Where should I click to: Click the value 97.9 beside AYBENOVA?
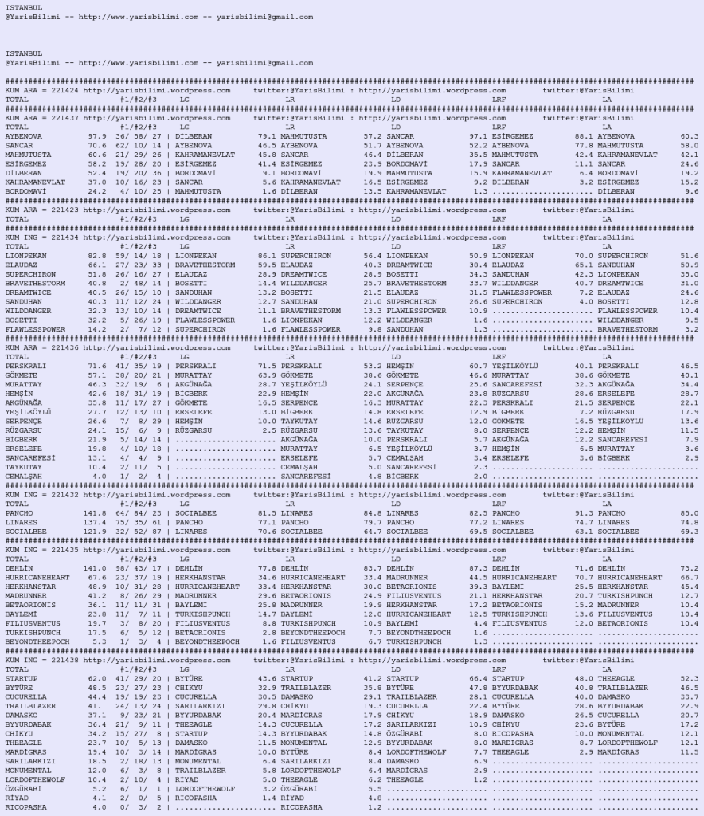coord(97,136)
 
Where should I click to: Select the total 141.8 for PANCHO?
coord(95,512)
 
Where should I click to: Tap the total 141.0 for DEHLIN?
coord(95,568)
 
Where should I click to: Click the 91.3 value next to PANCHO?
coord(585,512)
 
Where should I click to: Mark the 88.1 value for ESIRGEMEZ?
coord(585,136)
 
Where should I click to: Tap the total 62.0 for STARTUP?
coord(97,678)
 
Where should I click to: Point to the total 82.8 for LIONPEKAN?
coord(97,255)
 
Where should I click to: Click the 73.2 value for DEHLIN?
coord(689,568)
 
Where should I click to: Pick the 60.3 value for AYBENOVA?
coord(689,136)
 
